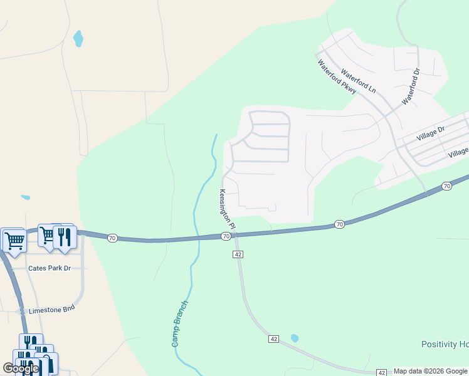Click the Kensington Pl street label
tap(227, 209)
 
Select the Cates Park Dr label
tap(50, 268)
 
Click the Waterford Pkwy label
tap(337, 77)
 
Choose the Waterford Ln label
tap(358, 81)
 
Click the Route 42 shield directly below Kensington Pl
tap(238, 254)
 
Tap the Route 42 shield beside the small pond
tap(273, 338)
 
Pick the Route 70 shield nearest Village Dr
tap(446, 186)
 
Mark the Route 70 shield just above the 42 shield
tap(226, 236)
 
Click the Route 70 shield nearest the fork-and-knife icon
tap(112, 238)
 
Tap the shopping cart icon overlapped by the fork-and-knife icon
tap(48, 236)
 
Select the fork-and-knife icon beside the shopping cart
tap(65, 236)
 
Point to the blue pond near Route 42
tap(294, 338)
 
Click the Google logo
tap(21, 368)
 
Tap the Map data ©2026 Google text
tap(430, 372)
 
